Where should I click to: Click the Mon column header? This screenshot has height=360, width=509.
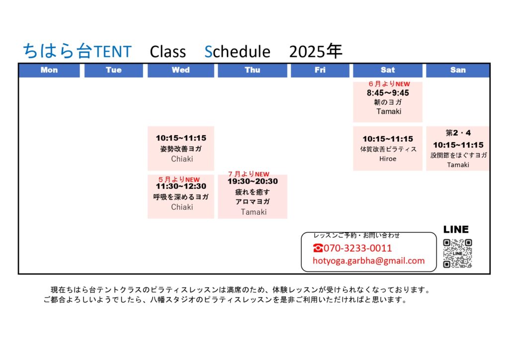tap(49, 70)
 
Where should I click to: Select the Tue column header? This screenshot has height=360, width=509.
tap(114, 70)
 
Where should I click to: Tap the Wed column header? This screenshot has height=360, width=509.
tap(181, 70)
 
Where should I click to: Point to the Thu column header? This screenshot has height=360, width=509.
tap(252, 70)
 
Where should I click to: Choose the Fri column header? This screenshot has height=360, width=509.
tap(320, 70)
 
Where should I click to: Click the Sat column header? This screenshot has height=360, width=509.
tap(388, 70)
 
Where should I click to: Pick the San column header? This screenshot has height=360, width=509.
tap(458, 70)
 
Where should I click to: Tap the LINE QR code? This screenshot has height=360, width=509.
tap(457, 253)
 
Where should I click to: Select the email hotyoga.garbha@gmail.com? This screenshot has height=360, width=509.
tap(368, 261)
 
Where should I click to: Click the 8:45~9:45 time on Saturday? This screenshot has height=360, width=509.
tap(388, 93)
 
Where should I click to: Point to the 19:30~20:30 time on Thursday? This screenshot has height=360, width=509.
tap(253, 181)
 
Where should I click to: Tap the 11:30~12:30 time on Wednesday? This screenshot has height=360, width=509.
tap(181, 186)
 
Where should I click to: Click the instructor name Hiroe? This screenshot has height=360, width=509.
tap(388, 159)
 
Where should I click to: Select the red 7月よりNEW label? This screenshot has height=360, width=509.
tap(249, 174)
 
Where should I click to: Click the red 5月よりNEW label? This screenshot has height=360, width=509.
tap(179, 179)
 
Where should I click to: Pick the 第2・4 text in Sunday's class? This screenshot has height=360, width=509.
tap(458, 133)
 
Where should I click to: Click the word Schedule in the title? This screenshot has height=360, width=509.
tap(237, 52)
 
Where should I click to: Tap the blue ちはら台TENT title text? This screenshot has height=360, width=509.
tap(77, 51)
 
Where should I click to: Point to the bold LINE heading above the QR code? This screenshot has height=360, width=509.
tap(456, 230)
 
